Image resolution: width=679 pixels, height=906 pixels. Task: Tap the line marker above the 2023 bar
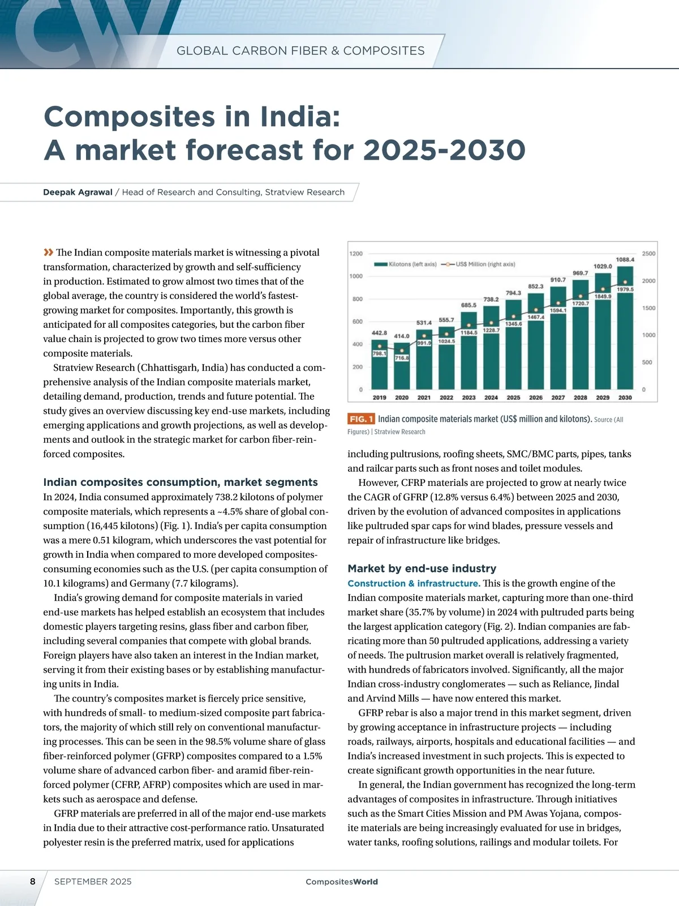click(x=469, y=327)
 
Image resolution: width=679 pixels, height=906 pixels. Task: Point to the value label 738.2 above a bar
click(x=491, y=300)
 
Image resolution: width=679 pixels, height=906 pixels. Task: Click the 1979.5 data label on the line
click(x=625, y=289)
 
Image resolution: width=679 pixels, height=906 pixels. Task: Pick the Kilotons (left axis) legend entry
click(x=405, y=264)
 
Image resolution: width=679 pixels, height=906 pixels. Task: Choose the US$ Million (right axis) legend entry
click(x=480, y=264)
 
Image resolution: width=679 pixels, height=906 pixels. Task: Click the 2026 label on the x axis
click(x=536, y=398)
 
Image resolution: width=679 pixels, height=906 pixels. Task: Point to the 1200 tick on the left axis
click(x=356, y=254)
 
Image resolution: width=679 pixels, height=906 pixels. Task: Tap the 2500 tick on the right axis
click(x=648, y=254)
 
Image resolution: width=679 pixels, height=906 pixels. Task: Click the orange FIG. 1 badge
click(x=361, y=419)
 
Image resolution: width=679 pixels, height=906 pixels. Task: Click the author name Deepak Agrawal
click(x=78, y=192)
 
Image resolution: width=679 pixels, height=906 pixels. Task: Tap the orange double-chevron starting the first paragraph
click(x=48, y=253)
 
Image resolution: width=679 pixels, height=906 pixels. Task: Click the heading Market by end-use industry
click(x=422, y=569)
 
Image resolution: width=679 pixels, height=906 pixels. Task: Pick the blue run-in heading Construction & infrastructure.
click(x=414, y=583)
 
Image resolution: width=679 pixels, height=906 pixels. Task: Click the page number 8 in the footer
click(x=33, y=882)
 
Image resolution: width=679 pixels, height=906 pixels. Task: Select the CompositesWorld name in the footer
click(x=342, y=882)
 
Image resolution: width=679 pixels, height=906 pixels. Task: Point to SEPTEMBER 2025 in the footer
click(x=93, y=882)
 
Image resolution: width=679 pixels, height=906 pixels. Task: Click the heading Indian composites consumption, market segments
click(x=181, y=482)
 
